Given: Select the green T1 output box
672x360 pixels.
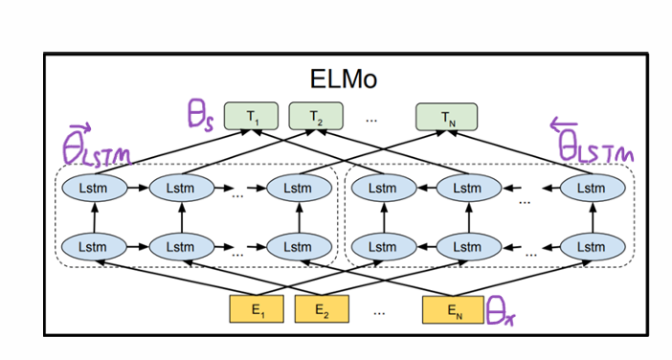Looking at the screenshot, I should tap(252, 117).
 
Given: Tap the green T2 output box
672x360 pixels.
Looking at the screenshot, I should tap(316, 117).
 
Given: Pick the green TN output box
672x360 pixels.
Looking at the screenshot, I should tap(446, 117).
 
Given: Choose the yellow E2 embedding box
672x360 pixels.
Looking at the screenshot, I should tap(323, 309).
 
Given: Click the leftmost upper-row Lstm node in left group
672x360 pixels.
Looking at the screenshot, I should tap(95, 189).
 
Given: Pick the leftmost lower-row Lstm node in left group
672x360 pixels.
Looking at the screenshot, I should tap(95, 247).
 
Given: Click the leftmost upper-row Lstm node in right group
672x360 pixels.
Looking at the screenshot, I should tap(382, 189).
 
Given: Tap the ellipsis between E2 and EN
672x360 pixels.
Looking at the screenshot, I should tap(380, 311).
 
